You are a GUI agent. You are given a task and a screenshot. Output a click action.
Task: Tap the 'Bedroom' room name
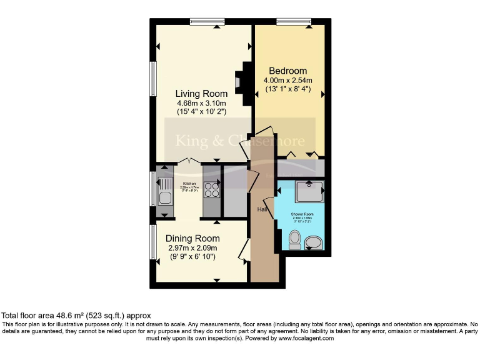tap(287, 71)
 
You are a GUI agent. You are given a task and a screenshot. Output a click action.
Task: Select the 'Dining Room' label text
tap(192, 238)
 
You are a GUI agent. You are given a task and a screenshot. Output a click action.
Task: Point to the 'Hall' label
tap(262, 209)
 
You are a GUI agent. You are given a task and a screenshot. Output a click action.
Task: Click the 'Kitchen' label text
tap(189, 183)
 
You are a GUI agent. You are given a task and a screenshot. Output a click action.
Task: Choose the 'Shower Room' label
tap(301, 214)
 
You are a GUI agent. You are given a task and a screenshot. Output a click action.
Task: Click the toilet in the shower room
tap(295, 239)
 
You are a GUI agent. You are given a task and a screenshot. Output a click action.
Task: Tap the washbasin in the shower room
tap(315, 241)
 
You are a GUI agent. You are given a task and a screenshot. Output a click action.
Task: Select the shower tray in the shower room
tap(309, 192)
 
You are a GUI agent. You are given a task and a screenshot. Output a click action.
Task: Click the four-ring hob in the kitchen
tap(211, 189)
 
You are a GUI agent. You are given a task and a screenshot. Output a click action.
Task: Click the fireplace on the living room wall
tap(239, 81)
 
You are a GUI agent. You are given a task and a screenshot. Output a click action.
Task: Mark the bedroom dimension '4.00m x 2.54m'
tap(287, 81)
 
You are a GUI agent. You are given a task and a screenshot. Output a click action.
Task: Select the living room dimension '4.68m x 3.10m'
tap(200, 103)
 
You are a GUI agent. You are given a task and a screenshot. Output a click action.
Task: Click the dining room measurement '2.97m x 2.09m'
tap(192, 247)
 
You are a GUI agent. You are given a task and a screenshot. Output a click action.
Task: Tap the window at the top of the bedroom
tap(294, 22)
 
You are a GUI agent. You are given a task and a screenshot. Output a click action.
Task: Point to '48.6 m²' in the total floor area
tap(71, 316)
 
